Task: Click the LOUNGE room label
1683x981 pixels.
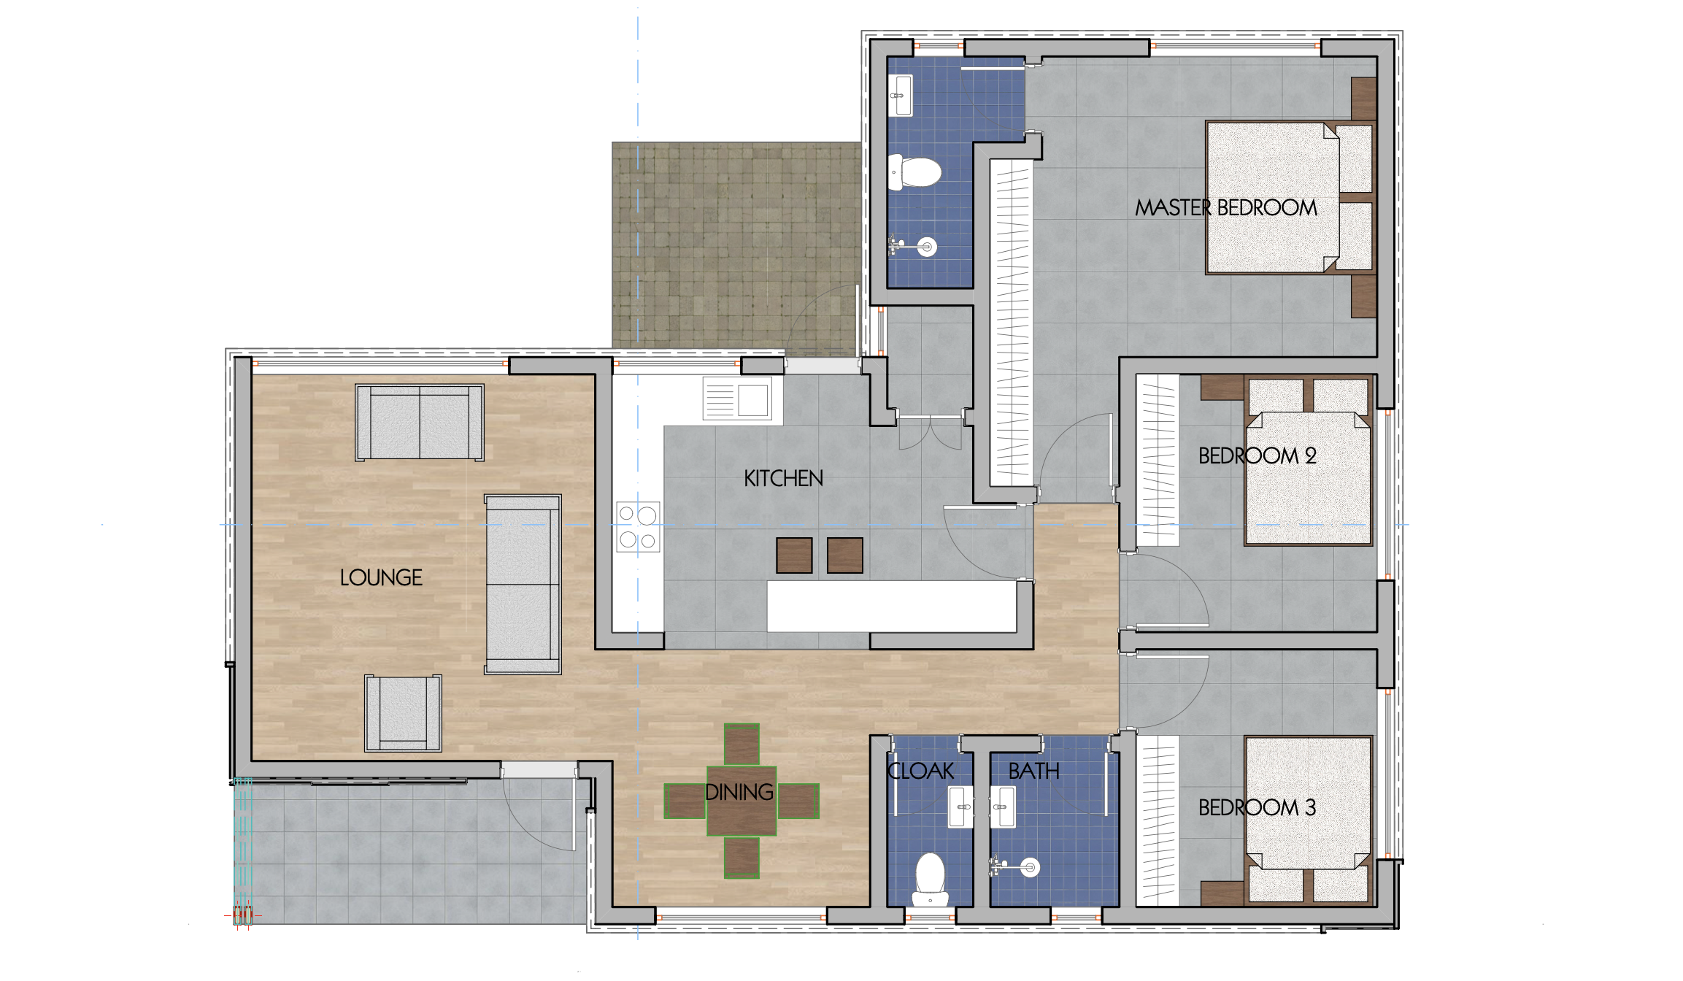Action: [381, 578]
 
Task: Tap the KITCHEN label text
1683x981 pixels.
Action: [783, 479]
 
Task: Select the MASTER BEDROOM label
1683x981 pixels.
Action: [1226, 208]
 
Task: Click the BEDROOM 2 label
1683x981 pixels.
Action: [1257, 456]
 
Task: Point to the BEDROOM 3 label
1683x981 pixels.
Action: [1257, 808]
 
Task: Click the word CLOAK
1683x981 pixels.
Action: [920, 772]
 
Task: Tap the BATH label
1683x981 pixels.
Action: [1033, 772]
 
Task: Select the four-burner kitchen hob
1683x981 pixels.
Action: [638, 527]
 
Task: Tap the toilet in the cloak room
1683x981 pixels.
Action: [930, 876]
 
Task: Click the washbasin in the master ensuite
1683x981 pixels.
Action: [902, 95]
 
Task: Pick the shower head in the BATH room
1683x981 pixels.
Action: [1029, 867]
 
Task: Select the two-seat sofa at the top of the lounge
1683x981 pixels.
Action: [420, 423]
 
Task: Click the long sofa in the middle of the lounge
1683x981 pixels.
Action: [523, 584]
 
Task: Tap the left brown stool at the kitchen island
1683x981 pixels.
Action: [794, 555]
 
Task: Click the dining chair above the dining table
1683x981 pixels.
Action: [742, 745]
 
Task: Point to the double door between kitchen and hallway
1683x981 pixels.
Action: [931, 432]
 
